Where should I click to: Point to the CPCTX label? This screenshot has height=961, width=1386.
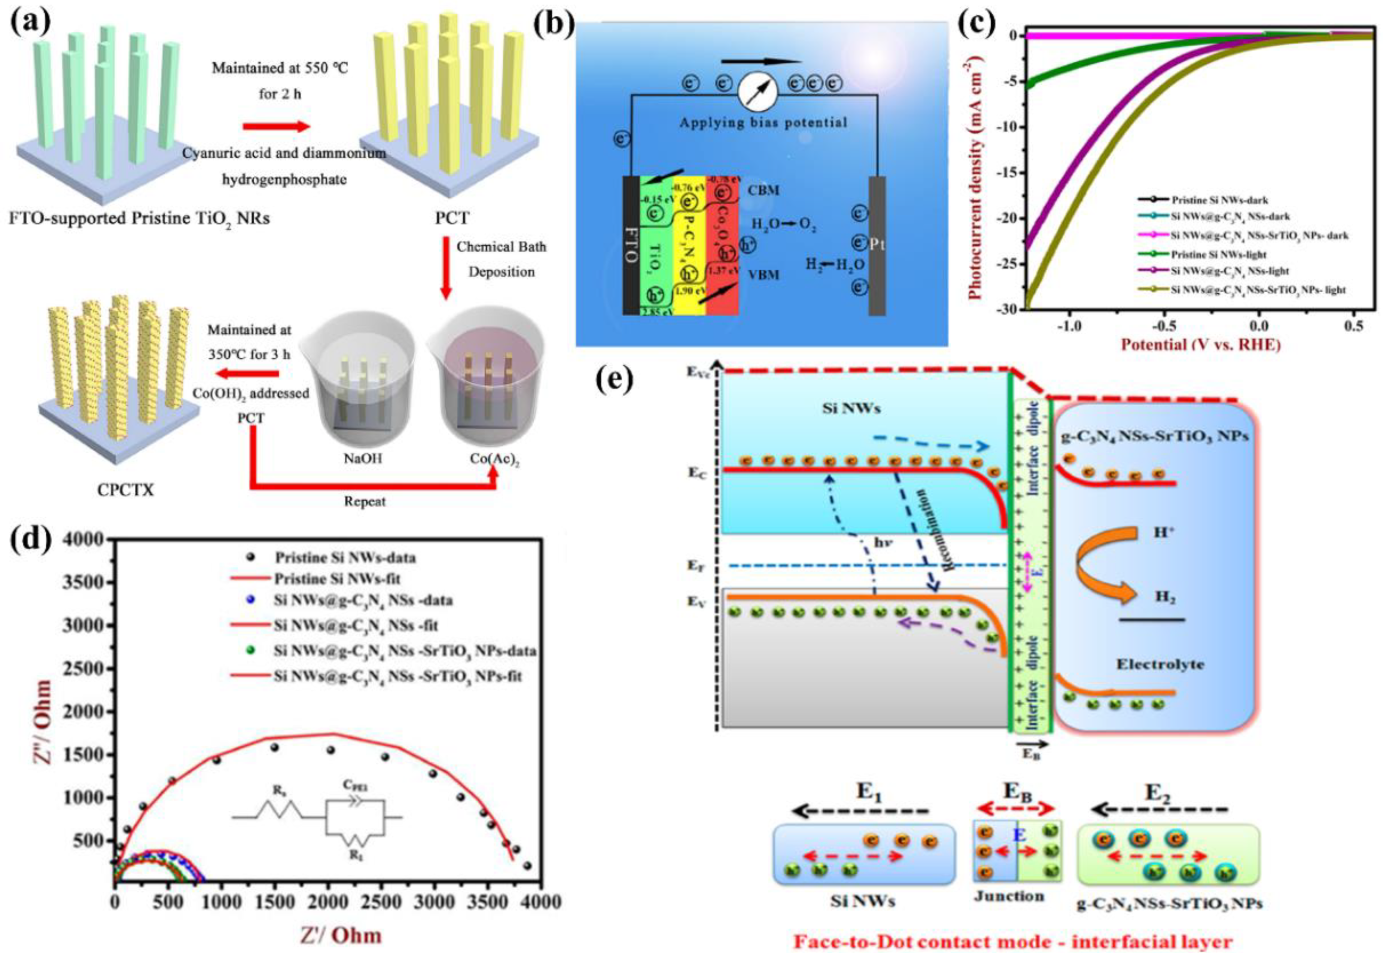click(125, 490)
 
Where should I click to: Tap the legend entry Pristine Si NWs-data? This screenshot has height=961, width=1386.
click(345, 558)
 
